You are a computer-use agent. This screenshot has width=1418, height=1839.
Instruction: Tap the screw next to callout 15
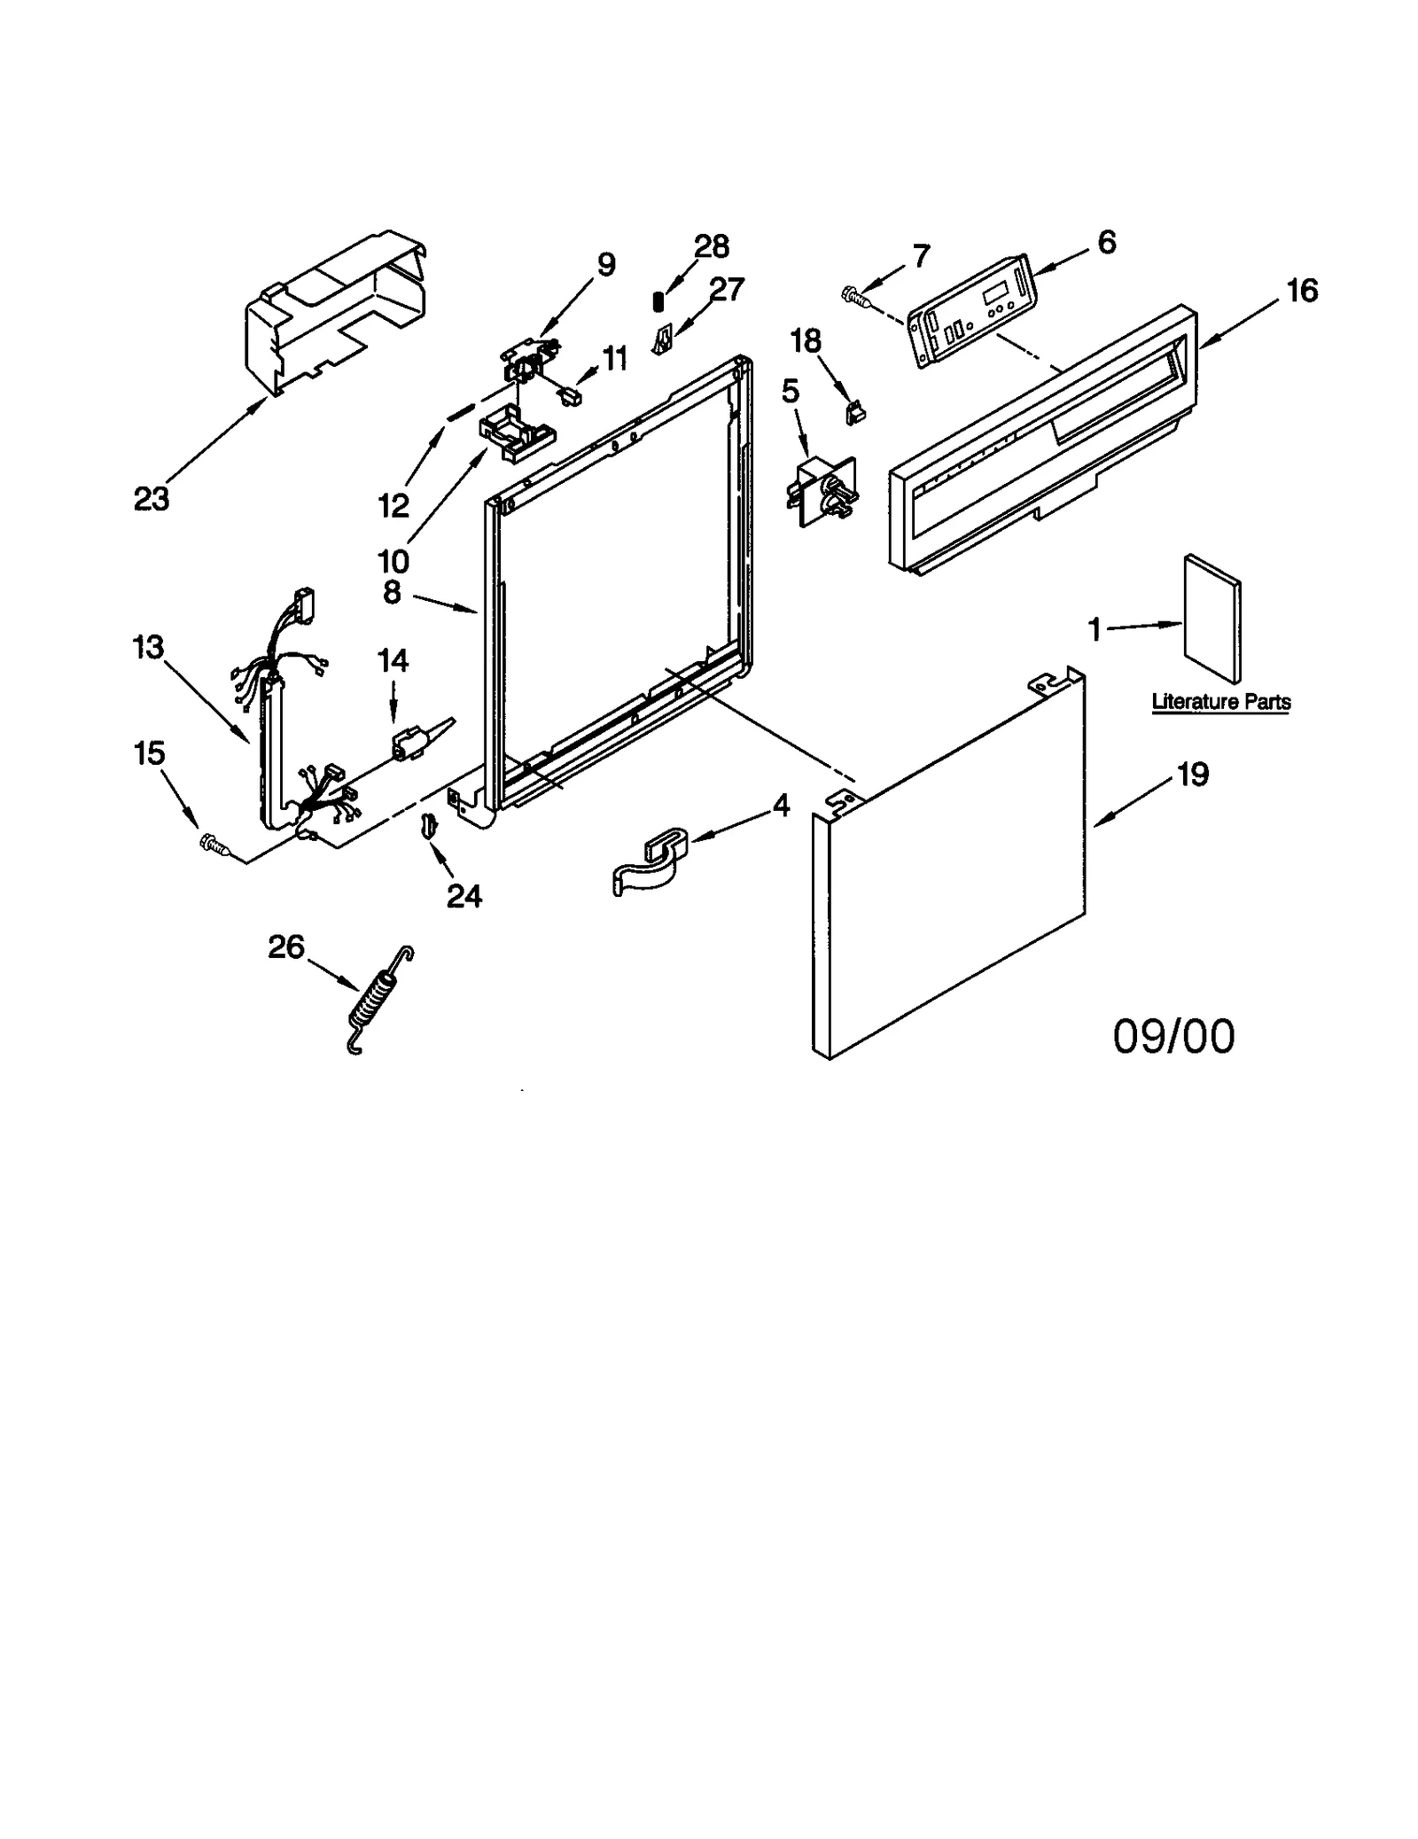pos(214,844)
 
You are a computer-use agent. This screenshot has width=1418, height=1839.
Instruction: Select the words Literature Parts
pos(1220,702)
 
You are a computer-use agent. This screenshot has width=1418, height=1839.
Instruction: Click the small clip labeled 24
pos(428,824)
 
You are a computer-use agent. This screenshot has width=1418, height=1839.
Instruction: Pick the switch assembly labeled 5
pos(823,492)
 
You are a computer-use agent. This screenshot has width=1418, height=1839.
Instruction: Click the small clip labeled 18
pos(855,410)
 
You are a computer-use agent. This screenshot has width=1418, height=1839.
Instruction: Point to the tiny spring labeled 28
pos(658,301)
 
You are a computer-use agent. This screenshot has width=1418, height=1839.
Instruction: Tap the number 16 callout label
pos(1301,290)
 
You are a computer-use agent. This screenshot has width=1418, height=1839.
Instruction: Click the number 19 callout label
pos(1192,775)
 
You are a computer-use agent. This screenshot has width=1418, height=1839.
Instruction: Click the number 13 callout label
pos(148,647)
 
